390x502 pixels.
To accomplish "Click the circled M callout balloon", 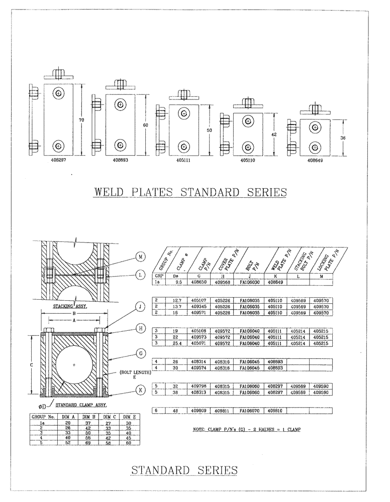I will [141, 257].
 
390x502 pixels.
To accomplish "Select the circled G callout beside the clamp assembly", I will [141, 353].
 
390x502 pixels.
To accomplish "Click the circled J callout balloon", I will [141, 306].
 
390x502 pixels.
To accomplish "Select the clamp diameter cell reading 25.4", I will [175, 343].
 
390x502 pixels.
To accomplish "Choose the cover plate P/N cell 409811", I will [222, 410].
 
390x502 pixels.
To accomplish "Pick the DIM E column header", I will [131, 417].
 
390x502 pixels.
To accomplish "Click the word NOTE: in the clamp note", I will [201, 430].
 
